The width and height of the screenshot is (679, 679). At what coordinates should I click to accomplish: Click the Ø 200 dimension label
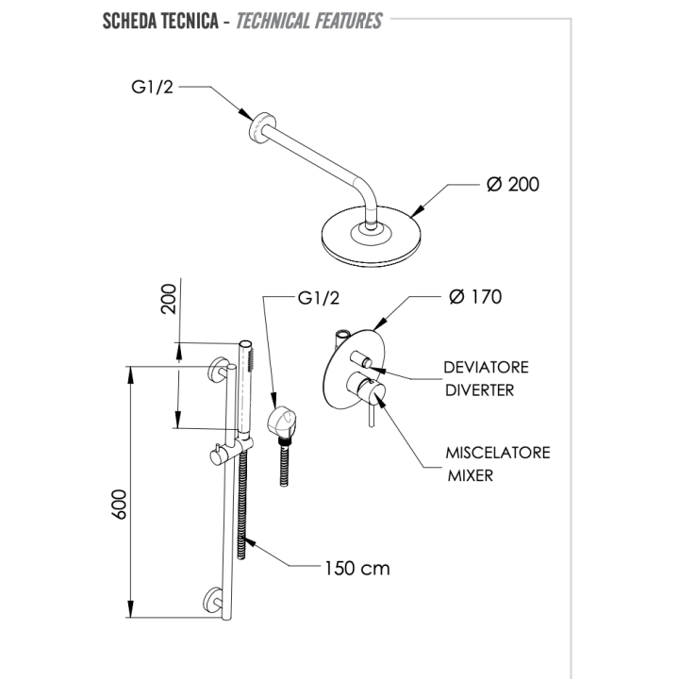click(x=513, y=185)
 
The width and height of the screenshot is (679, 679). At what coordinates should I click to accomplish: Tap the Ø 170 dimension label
click(x=475, y=297)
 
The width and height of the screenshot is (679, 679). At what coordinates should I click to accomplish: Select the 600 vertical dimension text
click(x=119, y=504)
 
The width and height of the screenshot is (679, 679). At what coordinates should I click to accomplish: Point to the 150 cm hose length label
click(x=357, y=568)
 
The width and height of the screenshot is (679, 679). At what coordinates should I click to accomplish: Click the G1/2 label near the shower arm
click(x=152, y=87)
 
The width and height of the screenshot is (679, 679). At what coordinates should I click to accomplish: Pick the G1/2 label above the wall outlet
click(x=319, y=298)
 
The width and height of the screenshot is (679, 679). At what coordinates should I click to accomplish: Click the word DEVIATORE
click(x=486, y=367)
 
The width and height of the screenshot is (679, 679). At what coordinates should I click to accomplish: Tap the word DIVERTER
click(x=479, y=390)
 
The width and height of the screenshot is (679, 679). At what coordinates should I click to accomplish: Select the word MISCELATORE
click(x=498, y=453)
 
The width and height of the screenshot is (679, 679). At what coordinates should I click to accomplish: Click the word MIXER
click(x=471, y=475)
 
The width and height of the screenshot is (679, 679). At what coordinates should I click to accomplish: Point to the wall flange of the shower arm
click(x=260, y=127)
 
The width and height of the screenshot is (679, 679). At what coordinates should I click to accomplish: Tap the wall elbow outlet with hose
click(x=281, y=422)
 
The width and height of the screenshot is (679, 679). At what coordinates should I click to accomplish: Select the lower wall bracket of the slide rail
click(x=213, y=600)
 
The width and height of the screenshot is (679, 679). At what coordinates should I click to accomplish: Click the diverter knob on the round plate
click(x=360, y=359)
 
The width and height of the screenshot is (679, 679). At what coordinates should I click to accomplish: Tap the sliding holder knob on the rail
click(x=217, y=456)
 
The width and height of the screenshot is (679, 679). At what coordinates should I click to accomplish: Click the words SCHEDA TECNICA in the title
click(x=160, y=21)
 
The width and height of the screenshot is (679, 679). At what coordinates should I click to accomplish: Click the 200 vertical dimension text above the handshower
click(x=169, y=299)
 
